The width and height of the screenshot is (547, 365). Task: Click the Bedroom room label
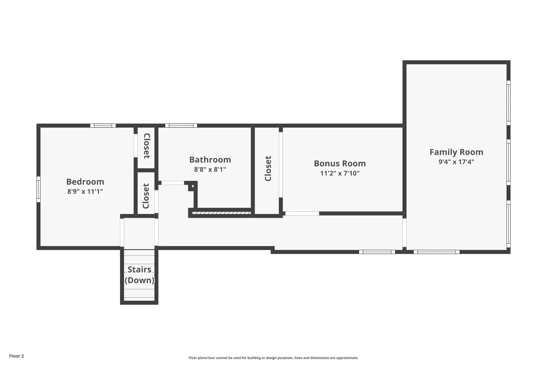(x=85, y=182)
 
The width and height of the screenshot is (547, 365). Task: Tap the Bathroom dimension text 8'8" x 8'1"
(x=210, y=169)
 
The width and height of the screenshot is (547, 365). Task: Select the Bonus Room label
(x=340, y=164)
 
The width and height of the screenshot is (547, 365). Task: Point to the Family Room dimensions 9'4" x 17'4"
(x=456, y=162)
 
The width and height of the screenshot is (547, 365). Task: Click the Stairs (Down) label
(x=139, y=275)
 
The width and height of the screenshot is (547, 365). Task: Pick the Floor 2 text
(x=17, y=356)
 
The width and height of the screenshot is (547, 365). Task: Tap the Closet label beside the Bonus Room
(x=268, y=169)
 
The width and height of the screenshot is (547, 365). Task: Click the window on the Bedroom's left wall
(x=38, y=189)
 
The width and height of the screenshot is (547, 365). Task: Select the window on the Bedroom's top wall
(x=103, y=126)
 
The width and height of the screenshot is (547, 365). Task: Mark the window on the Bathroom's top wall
(x=181, y=126)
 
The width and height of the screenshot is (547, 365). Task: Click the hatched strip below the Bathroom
(x=221, y=213)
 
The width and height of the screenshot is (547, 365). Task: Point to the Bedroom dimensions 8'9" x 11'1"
(x=85, y=191)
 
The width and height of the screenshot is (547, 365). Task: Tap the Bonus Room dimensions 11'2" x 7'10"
(x=340, y=173)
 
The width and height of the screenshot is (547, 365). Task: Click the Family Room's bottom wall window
(x=437, y=252)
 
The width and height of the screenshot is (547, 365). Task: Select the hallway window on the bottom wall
(x=377, y=252)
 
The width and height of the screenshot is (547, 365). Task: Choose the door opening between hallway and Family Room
(x=404, y=233)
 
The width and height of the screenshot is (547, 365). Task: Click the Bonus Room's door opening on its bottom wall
(x=302, y=214)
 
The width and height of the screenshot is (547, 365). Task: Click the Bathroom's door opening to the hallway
(x=173, y=183)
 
